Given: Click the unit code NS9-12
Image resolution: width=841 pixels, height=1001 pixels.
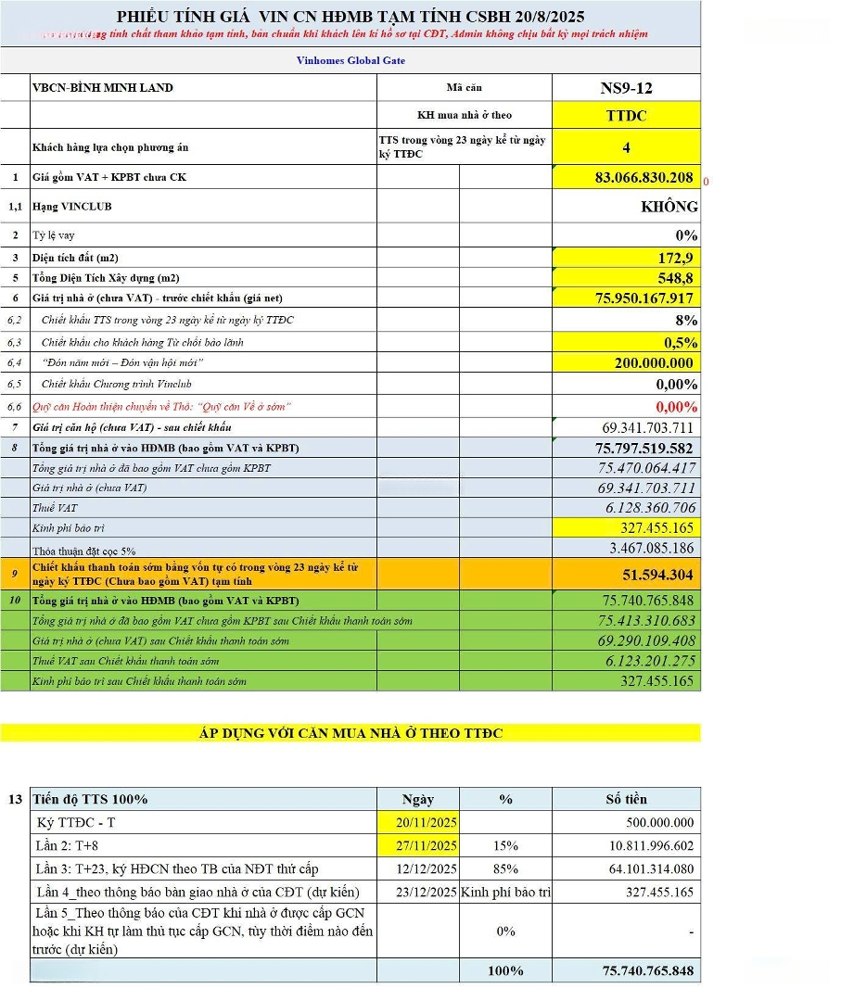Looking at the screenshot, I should coord(626,88).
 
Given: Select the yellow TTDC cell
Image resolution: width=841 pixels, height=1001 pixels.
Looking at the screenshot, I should coord(626,116).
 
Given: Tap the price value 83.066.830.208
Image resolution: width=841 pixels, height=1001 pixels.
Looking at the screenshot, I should coord(643,177).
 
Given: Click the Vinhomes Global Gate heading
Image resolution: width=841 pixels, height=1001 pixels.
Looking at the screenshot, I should coord(350,60).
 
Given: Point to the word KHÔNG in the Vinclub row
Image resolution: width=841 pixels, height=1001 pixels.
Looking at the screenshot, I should coord(669,207).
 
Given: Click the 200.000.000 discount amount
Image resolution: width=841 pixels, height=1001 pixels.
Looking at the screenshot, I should coord(655,363).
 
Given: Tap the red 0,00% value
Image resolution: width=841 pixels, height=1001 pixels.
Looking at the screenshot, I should coord(676,407).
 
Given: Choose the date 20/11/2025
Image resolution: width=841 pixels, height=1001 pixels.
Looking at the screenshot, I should coord(418,823).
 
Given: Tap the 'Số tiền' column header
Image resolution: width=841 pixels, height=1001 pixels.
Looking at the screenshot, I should coord(626,799).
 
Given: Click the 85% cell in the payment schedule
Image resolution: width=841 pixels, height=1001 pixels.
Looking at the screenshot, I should coord(505,869).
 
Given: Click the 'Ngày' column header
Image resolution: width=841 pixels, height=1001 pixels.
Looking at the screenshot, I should coord(418,799).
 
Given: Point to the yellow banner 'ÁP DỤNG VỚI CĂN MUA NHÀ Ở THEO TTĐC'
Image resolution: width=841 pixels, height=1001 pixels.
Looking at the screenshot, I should coord(350,733).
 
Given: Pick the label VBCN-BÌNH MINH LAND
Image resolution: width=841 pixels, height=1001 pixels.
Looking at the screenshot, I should coord(103,88).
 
